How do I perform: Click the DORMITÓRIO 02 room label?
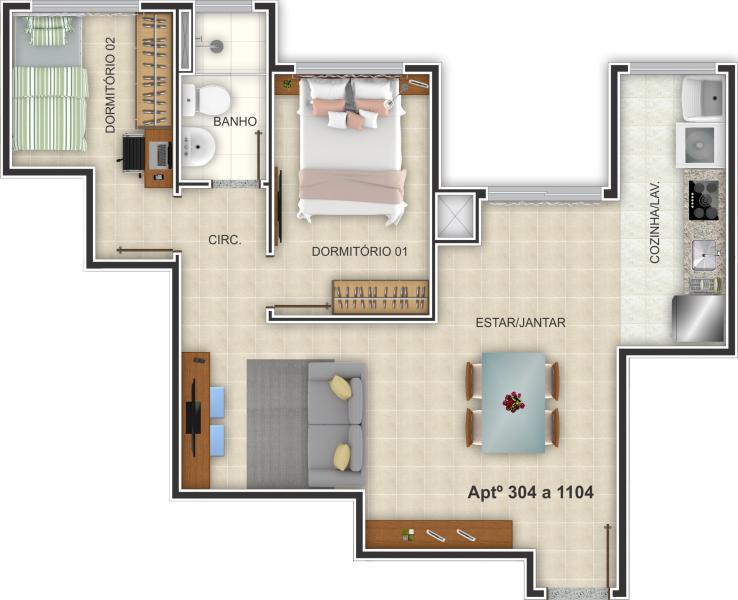[x=110, y=86]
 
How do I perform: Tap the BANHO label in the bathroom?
[x=236, y=122]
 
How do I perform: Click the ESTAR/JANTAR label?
[x=520, y=322]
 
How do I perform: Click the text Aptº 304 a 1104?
[x=530, y=492]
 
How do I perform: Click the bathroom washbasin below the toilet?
[x=200, y=148]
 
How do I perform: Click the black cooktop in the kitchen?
[x=703, y=199]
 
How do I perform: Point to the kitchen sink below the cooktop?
[x=704, y=254]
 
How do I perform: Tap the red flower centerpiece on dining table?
[x=513, y=402]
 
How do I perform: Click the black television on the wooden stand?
[x=193, y=417]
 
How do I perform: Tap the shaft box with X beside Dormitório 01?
[x=454, y=217]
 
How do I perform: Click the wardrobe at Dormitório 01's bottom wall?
[x=380, y=296]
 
